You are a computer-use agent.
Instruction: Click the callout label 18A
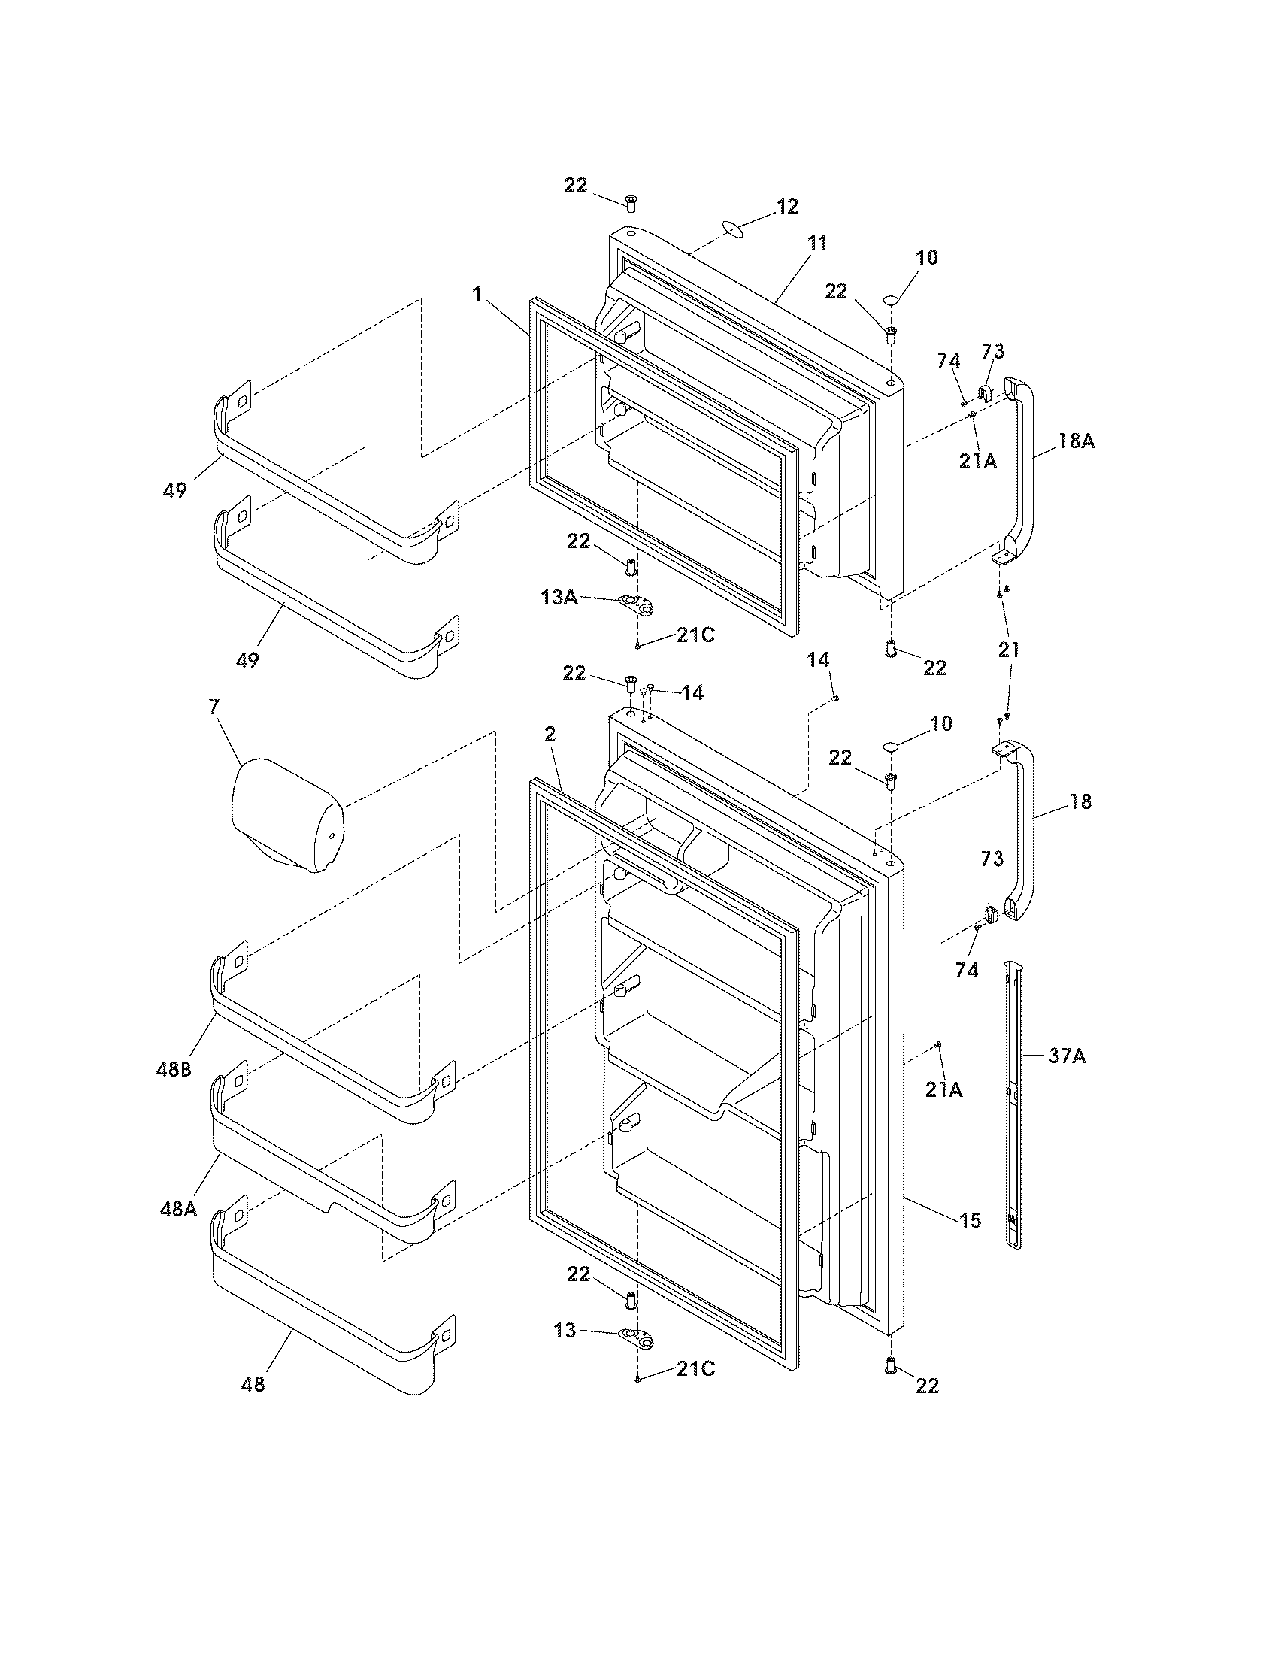pos(1076,441)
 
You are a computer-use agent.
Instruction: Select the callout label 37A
pos(1068,1056)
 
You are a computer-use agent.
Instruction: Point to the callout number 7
pos(214,707)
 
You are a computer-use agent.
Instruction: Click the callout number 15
pos(970,1220)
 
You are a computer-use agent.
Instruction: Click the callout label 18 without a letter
pos(1081,801)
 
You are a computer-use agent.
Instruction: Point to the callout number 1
pos(477,294)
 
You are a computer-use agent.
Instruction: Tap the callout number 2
pos(550,733)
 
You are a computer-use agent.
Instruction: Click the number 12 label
pos(787,207)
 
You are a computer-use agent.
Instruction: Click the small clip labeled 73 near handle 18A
pos(986,392)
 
